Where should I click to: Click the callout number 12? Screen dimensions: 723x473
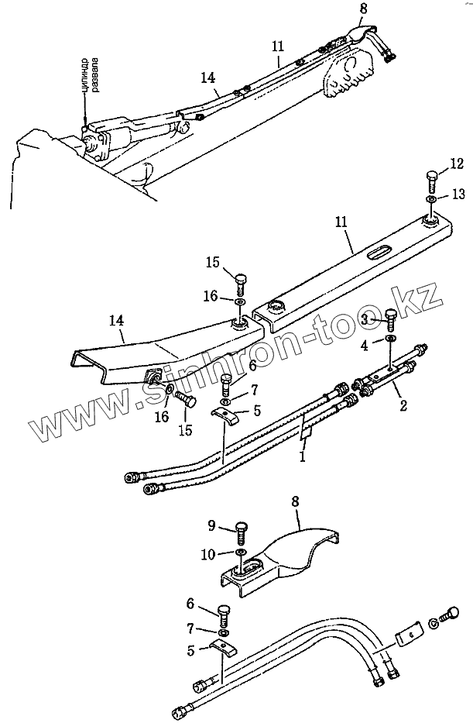pyautogui.click(x=457, y=164)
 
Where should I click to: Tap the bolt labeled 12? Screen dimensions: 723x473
pyautogui.click(x=432, y=183)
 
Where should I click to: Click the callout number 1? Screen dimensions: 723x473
pyautogui.click(x=303, y=457)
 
